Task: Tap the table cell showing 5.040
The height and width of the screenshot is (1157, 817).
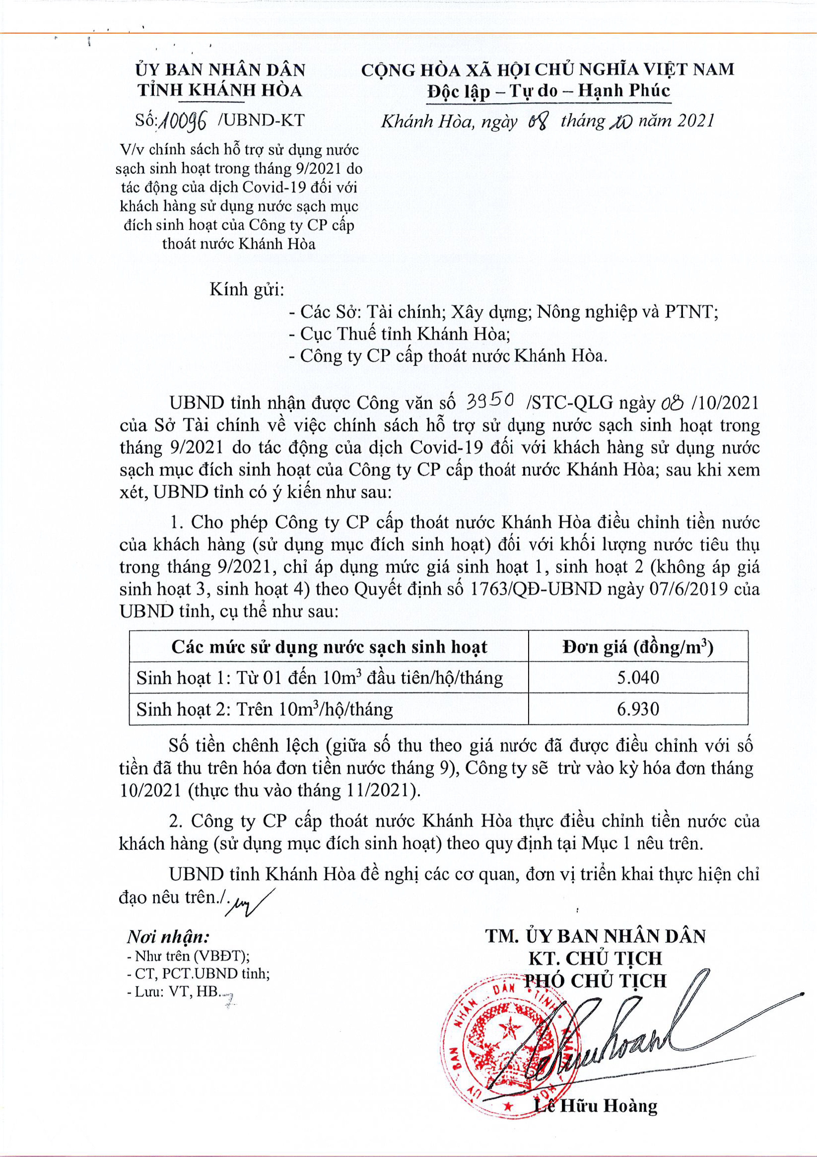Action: click(638, 677)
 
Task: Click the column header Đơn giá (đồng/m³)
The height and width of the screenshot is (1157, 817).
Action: click(638, 646)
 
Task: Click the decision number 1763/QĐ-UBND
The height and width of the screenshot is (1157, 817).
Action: click(535, 589)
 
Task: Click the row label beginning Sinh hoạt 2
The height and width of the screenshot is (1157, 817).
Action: click(265, 710)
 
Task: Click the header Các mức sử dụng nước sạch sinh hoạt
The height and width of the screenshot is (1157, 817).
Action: click(329, 646)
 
